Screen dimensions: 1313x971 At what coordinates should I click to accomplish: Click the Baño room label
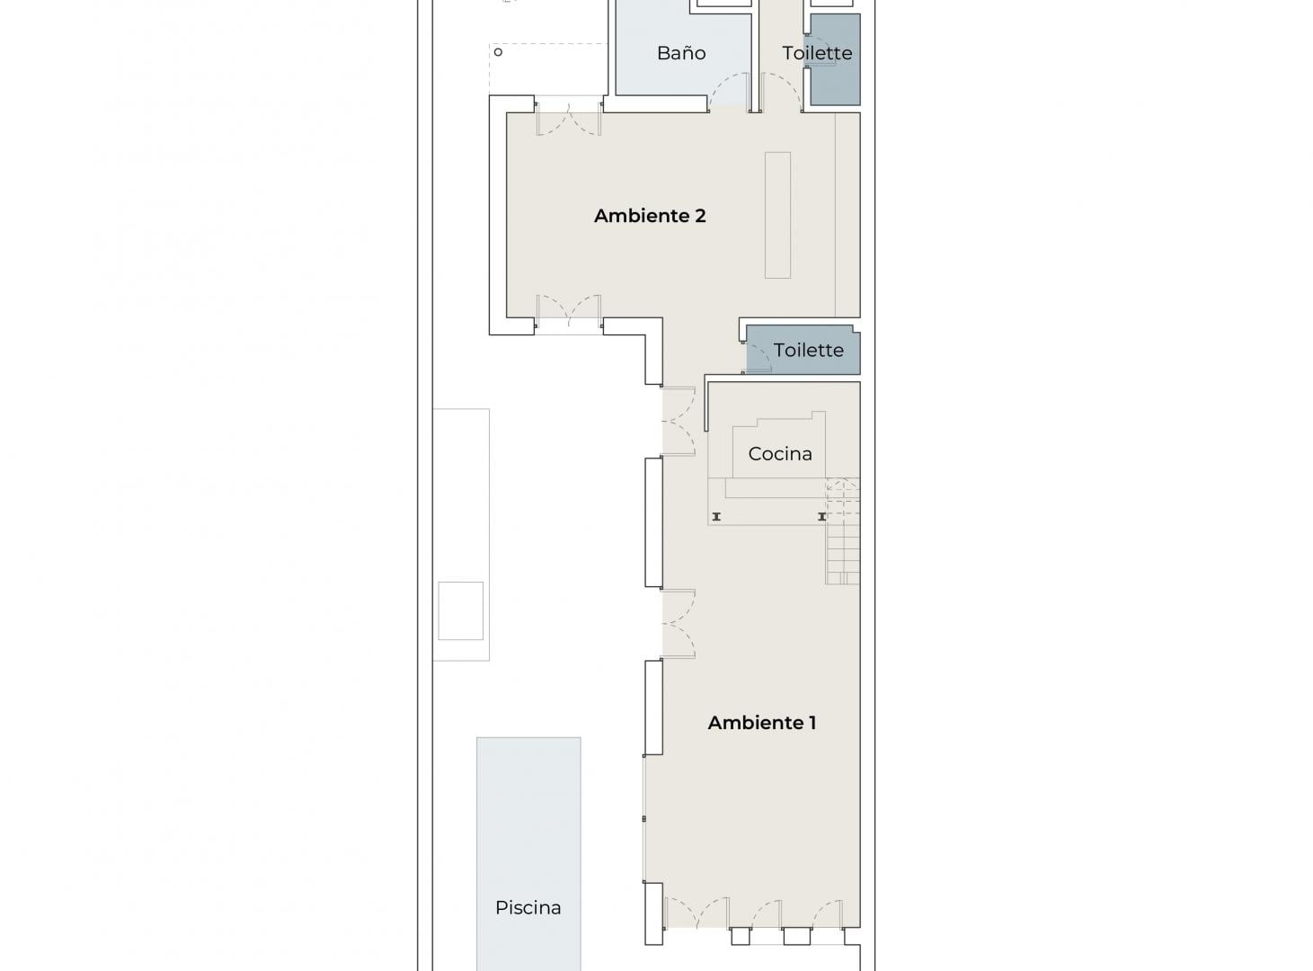coord(681,53)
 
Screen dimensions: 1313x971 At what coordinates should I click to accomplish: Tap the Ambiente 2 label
coord(650,216)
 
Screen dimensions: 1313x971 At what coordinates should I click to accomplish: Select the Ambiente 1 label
coord(762,722)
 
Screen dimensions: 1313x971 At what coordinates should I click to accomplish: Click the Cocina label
coord(780,454)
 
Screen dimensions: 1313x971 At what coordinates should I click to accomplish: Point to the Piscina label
coord(528,907)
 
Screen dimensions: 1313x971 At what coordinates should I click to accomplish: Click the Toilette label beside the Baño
coord(817,53)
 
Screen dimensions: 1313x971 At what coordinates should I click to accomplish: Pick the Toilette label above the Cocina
coord(809,350)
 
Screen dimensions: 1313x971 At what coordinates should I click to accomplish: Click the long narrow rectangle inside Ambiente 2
coord(777,215)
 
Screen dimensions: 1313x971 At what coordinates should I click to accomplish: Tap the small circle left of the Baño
coord(498,52)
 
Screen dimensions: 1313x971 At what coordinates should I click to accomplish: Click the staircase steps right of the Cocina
coord(843,531)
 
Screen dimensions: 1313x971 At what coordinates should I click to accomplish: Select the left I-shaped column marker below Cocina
coord(716,517)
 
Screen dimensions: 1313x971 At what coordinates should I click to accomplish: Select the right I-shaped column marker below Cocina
coord(821,517)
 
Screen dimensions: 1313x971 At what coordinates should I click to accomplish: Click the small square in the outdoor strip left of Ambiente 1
coord(460,610)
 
